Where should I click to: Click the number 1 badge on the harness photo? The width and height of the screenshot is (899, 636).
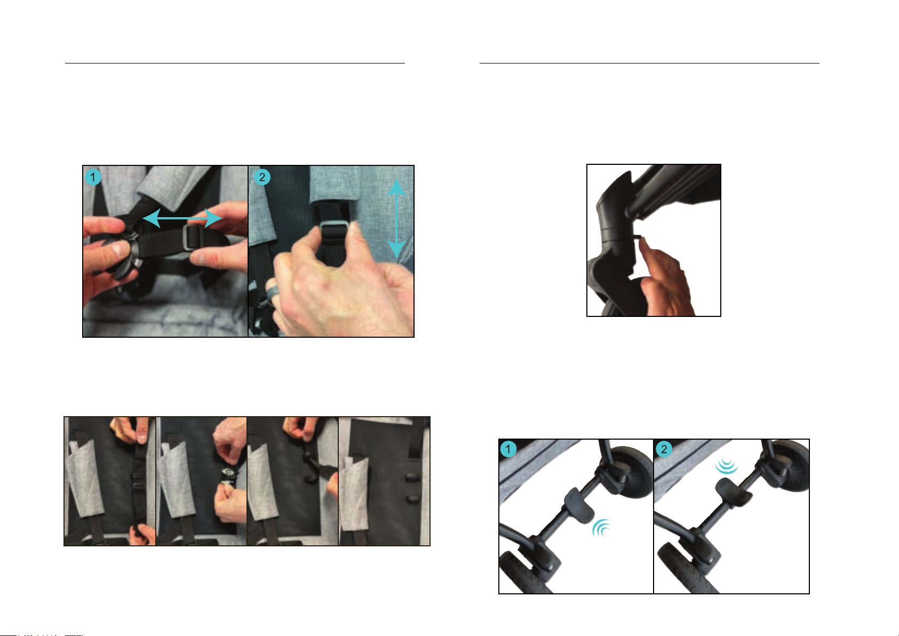pos(93,177)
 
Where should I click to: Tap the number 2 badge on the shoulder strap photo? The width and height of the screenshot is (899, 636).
pos(262,177)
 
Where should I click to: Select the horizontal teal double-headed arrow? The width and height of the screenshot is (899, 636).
pos(182,218)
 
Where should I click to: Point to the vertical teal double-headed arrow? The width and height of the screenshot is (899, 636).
pos(396,219)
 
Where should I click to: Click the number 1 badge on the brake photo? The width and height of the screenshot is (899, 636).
pos(508,449)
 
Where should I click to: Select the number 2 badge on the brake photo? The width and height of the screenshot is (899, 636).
pos(664,449)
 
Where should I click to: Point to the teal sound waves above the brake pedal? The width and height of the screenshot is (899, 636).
pos(726,466)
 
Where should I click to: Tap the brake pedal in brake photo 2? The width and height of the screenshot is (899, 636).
pos(733,493)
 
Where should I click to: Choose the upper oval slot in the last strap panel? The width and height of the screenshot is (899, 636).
pos(413,478)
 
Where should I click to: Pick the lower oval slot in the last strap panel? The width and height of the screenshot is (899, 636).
pos(413,499)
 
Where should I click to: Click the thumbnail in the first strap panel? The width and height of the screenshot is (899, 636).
pos(142,434)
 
